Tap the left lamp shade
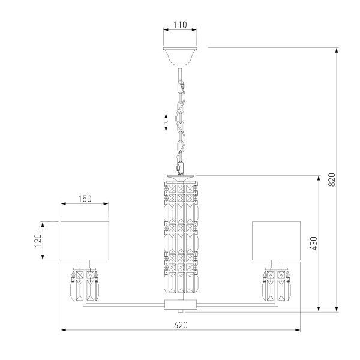(x=85, y=241)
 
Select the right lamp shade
(x=275, y=241)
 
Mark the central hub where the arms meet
(x=180, y=304)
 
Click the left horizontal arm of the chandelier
(x=126, y=303)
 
